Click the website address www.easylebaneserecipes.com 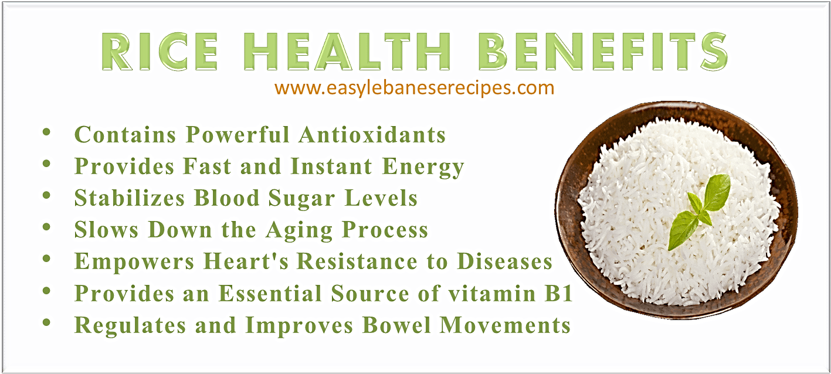pos(414,89)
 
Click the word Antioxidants pos(372,135)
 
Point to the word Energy pos(423,167)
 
